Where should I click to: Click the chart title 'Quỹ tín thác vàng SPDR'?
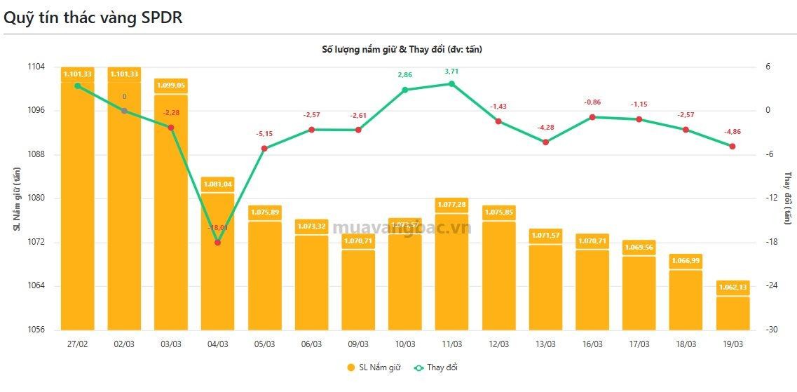93,18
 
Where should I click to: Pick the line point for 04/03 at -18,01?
217,243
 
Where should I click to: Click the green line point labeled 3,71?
451,83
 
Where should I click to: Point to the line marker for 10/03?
404,90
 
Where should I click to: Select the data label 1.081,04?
217,184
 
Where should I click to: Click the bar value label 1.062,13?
732,287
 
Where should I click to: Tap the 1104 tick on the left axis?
36,67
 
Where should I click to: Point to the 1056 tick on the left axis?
36,330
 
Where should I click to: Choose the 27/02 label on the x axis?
77,344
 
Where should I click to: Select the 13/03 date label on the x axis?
545,344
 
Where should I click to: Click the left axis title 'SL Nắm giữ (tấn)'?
17,198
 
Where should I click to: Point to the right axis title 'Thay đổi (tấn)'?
787,198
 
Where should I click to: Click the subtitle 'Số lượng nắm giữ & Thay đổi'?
402,49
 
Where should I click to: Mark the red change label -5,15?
264,133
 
